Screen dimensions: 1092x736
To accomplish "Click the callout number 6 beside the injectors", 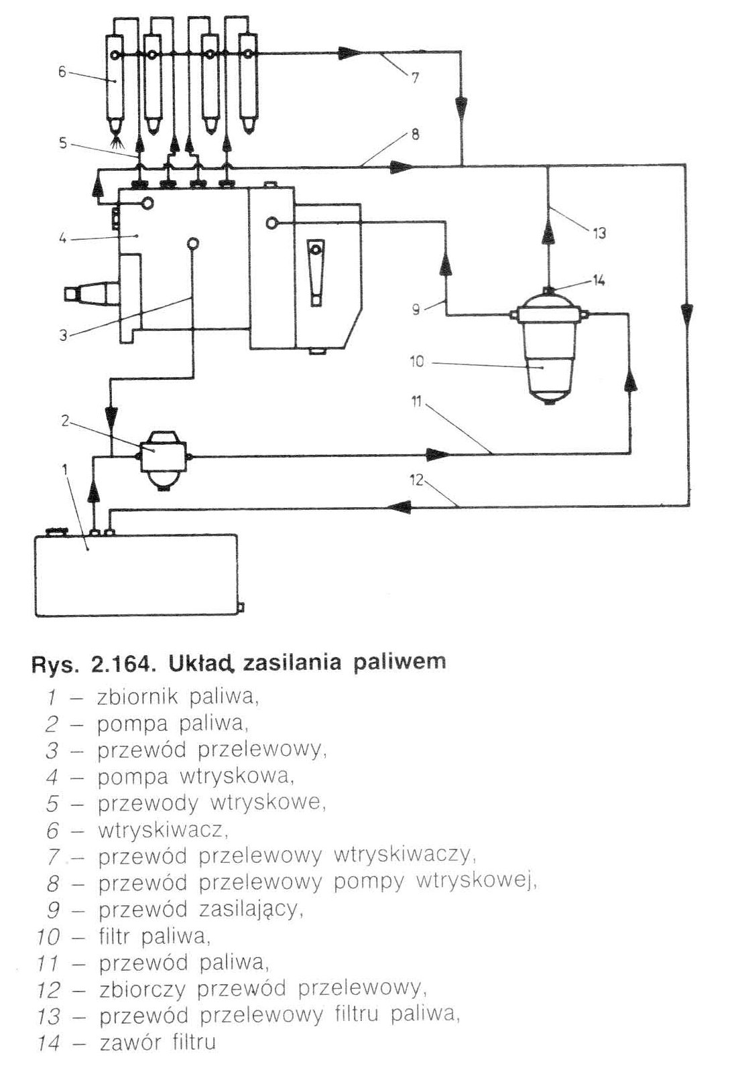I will click(x=62, y=71).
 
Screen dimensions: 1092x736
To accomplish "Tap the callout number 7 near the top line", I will click(x=415, y=78).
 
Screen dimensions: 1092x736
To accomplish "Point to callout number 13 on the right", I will click(x=599, y=232).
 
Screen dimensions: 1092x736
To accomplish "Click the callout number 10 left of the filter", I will click(x=416, y=362).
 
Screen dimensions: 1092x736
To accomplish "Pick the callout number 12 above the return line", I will click(x=417, y=480).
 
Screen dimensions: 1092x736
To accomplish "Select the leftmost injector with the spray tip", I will click(x=115, y=87).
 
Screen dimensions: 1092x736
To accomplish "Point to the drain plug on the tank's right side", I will click(x=241, y=608).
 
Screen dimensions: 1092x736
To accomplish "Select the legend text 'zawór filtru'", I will click(x=157, y=1042).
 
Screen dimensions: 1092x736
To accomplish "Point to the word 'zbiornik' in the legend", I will click(x=137, y=697).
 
